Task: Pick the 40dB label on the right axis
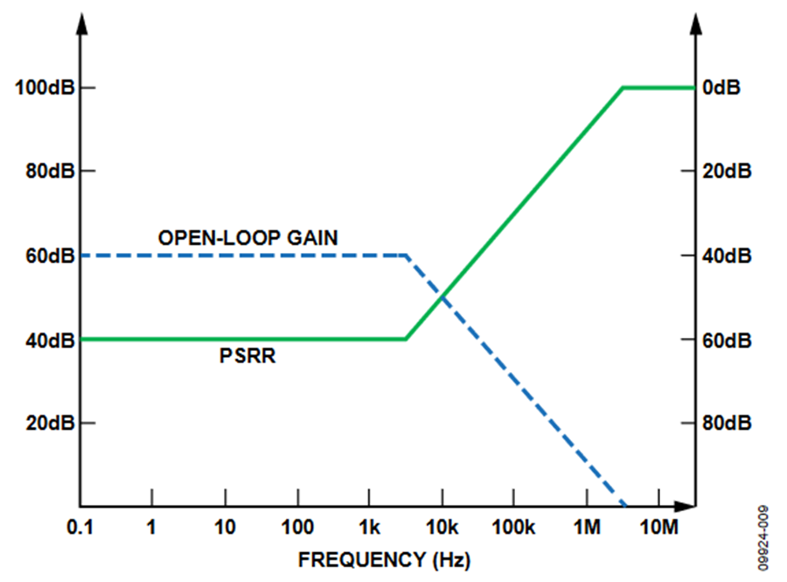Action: (726, 256)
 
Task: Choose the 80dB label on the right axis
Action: (726, 423)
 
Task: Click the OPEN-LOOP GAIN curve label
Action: (247, 237)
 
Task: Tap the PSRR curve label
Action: (247, 356)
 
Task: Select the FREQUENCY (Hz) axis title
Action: (375, 557)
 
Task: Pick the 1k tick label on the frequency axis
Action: (369, 527)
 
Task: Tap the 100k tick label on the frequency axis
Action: (513, 527)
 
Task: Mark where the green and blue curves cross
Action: (442, 297)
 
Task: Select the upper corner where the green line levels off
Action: (622, 88)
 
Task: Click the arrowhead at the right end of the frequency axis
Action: (690, 506)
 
